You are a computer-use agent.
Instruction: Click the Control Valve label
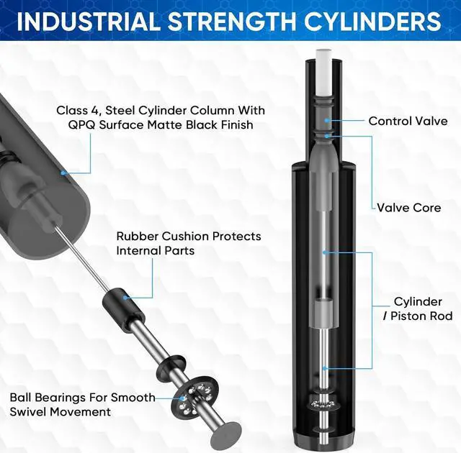pos(408,122)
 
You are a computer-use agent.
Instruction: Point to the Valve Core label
pos(408,208)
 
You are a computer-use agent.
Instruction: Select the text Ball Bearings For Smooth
pos(82,398)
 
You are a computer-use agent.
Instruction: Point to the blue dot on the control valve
pos(327,121)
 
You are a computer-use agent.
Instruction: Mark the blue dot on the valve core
pos(327,134)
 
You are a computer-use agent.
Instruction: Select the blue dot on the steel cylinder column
pos(63,173)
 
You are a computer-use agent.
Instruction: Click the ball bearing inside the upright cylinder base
pos(326,404)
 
